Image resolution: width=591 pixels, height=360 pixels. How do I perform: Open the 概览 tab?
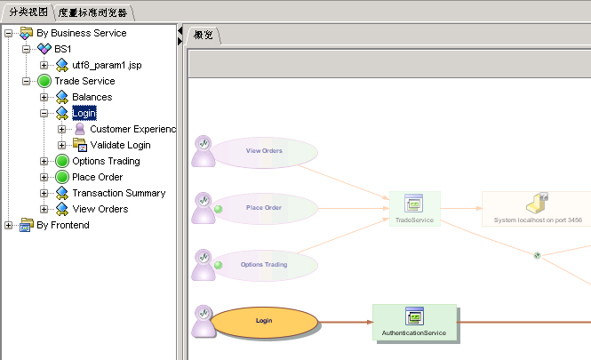click(204, 36)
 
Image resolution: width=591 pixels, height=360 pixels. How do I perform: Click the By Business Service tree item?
click(81, 33)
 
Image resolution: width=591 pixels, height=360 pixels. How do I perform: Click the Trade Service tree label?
click(84, 81)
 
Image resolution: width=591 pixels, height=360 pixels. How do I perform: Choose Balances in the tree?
click(92, 97)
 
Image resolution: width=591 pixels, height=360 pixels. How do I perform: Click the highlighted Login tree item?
click(84, 113)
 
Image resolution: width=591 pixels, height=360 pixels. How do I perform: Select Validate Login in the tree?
click(120, 145)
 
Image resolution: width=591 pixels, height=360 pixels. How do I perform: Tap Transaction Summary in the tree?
click(118, 193)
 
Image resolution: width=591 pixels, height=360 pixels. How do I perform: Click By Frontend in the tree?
click(63, 225)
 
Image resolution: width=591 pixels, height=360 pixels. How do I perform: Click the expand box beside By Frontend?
click(9, 225)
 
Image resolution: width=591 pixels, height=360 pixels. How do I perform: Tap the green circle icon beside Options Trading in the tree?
click(61, 161)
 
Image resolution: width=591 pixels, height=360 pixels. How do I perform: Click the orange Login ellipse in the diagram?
click(263, 320)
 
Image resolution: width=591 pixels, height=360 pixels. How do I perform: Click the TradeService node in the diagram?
click(414, 209)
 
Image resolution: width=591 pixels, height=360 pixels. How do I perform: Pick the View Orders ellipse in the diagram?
click(264, 151)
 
